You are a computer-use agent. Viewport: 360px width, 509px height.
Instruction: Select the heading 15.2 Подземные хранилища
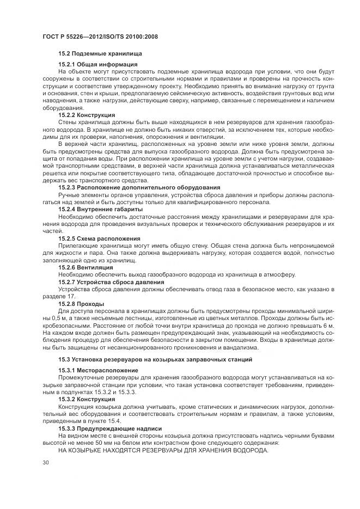[100, 54]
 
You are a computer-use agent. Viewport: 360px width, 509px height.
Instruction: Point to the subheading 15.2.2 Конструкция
[87, 115]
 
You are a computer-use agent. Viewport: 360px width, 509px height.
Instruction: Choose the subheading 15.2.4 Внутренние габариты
[100, 209]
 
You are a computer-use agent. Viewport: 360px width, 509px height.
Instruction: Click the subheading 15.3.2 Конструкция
[87, 399]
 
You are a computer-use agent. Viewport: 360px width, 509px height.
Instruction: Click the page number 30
[45, 462]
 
